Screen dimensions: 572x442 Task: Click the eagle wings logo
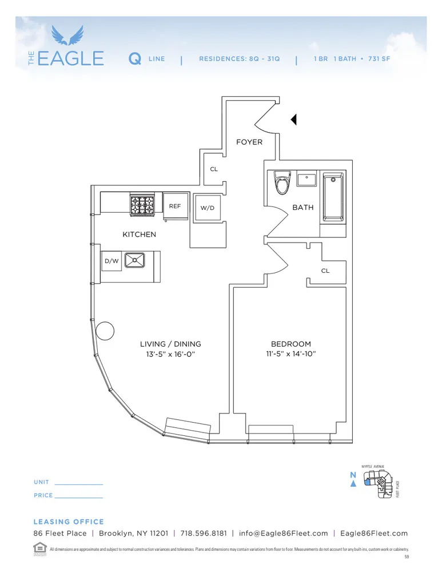(67, 35)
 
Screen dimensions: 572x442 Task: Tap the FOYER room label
(249, 142)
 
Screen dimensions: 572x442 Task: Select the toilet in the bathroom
(281, 184)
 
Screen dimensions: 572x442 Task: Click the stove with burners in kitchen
(143, 205)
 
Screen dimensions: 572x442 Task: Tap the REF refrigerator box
(175, 206)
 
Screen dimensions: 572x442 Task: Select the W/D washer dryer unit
(207, 208)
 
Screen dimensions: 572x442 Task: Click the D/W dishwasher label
(111, 261)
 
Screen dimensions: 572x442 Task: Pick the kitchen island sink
(135, 261)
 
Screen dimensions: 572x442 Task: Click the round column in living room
(105, 331)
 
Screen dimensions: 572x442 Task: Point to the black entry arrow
(294, 120)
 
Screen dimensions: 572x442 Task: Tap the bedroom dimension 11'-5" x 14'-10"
(291, 353)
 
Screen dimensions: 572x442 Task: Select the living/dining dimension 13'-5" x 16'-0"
(170, 353)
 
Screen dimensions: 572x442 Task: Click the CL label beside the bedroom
(325, 271)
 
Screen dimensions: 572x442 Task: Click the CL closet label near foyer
(214, 169)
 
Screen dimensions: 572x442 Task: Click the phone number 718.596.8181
(203, 533)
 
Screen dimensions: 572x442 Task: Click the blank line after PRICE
(79, 498)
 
